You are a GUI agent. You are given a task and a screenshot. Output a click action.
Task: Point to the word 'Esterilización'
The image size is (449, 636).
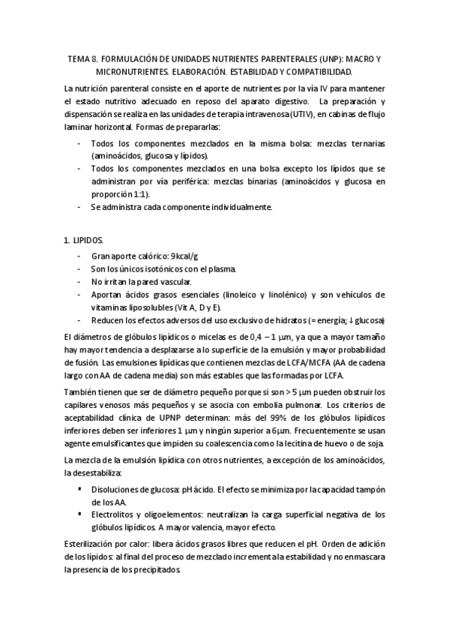pos(92,542)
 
